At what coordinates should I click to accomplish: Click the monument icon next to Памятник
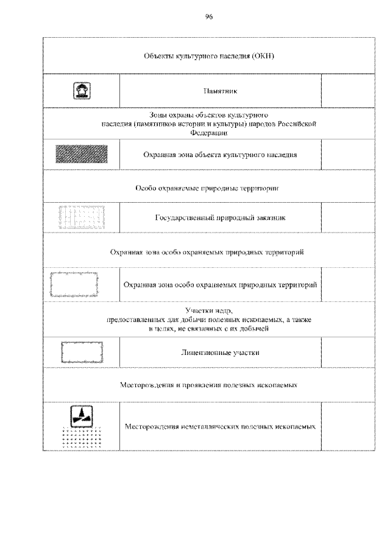pyautogui.click(x=82, y=91)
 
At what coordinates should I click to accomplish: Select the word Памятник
pyautogui.click(x=220, y=91)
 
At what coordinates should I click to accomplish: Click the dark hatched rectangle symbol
pyautogui.click(x=82, y=155)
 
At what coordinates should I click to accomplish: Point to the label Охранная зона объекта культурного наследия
pyautogui.click(x=220, y=155)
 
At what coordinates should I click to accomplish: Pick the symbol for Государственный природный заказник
pyautogui.click(x=82, y=217)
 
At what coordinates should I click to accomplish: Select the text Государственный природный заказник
pyautogui.click(x=220, y=217)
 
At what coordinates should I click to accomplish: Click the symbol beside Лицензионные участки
pyautogui.click(x=82, y=352)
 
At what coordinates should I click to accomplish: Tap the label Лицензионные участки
pyautogui.click(x=220, y=353)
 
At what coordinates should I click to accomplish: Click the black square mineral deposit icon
pyautogui.click(x=82, y=416)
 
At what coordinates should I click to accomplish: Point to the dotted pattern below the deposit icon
pyautogui.click(x=82, y=438)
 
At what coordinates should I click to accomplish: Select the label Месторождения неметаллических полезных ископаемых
pyautogui.click(x=220, y=427)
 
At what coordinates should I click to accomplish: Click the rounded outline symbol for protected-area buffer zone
pyautogui.click(x=82, y=284)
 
